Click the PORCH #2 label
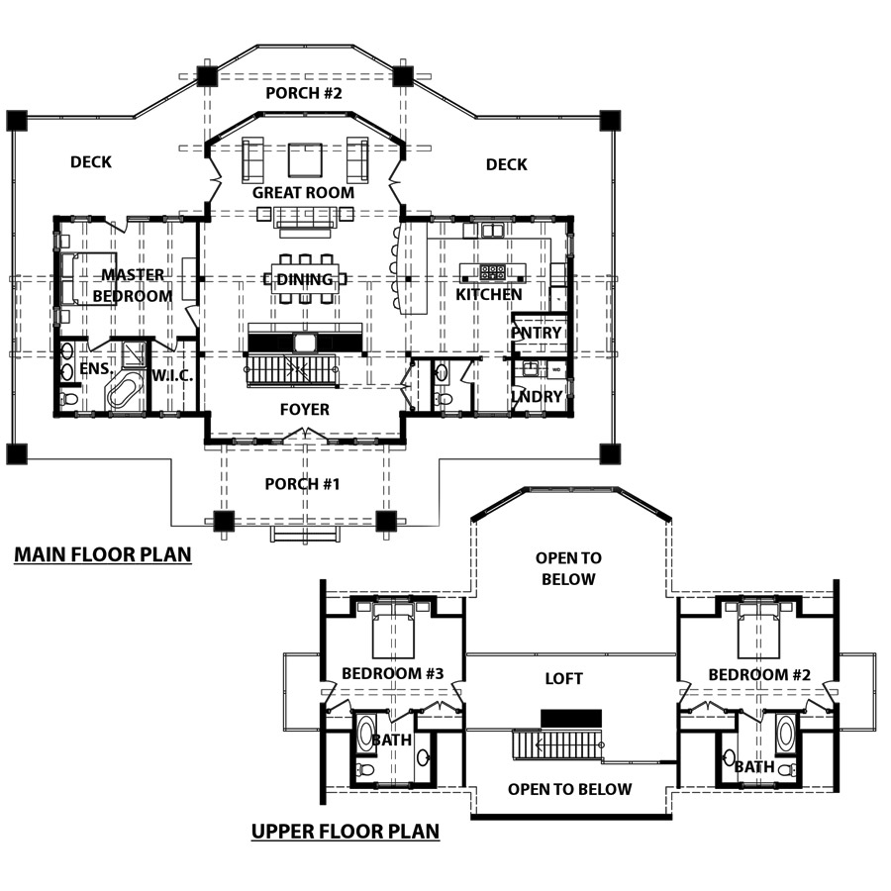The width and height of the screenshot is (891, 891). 304,93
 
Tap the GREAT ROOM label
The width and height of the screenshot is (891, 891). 304,193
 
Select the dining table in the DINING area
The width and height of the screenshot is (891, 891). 305,278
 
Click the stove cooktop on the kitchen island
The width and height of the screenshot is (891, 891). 492,271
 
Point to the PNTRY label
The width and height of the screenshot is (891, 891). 537,333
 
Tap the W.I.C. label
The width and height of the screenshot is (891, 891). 172,375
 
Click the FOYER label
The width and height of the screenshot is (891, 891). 305,409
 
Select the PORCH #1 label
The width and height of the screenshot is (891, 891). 302,483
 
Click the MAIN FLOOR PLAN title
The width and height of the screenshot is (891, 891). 103,554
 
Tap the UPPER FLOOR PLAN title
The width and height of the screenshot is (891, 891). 346,832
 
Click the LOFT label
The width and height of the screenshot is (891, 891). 563,678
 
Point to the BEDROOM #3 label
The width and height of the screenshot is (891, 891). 393,673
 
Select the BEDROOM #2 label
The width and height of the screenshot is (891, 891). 759,674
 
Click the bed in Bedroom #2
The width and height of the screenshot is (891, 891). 758,631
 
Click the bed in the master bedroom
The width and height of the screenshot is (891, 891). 88,279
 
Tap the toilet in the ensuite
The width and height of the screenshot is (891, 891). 69,398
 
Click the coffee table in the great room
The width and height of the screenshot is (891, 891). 306,159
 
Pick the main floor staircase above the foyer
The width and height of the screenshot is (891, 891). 292,370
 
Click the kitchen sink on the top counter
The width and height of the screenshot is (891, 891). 492,230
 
